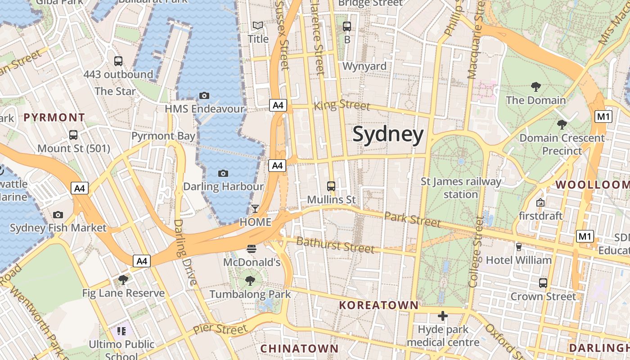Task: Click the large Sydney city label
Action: (x=388, y=134)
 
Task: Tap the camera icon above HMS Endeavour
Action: (x=204, y=95)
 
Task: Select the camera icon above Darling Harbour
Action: (x=223, y=173)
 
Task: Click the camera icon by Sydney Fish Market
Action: (x=58, y=215)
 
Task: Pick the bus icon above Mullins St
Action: (x=331, y=186)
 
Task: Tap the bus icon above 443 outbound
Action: (x=118, y=61)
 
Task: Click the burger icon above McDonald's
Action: (x=252, y=248)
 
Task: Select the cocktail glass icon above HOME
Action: (x=255, y=208)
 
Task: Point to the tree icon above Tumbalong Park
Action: (x=250, y=281)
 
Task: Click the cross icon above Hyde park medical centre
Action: (x=443, y=316)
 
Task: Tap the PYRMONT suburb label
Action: (x=54, y=118)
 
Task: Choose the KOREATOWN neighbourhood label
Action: (x=378, y=305)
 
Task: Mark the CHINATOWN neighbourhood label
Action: (x=299, y=348)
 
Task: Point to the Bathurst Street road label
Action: (x=335, y=245)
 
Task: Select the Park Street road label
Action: (x=412, y=219)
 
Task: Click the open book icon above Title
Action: (x=258, y=26)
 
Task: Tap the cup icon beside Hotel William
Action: (x=518, y=247)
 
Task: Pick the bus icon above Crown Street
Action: (x=543, y=283)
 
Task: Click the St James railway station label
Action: (x=461, y=188)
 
